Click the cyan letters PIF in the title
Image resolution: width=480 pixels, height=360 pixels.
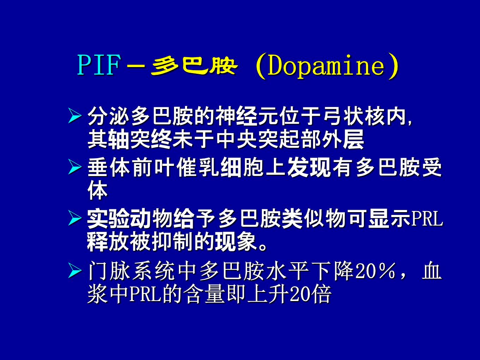tap(99, 65)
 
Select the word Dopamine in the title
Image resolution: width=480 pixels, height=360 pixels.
tap(326, 66)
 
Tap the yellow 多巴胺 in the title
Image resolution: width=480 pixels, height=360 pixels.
tap(194, 66)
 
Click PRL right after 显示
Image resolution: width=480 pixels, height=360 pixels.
tap(427, 219)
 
